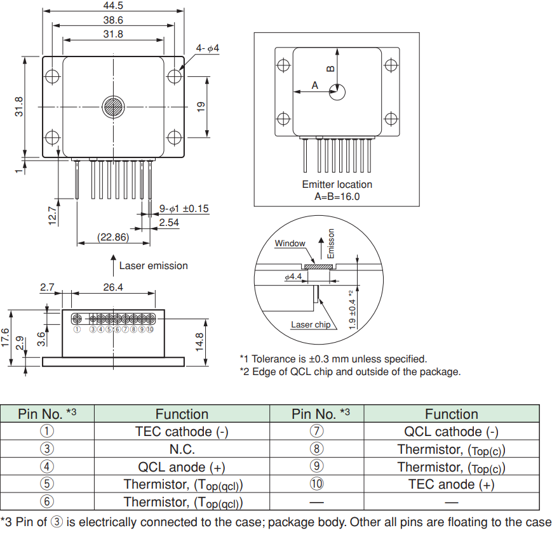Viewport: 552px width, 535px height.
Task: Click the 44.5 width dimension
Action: click(x=112, y=5)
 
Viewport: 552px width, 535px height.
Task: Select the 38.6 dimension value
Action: click(x=112, y=20)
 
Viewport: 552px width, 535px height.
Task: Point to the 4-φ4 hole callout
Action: click(x=207, y=48)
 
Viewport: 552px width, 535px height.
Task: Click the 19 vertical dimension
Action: click(x=201, y=107)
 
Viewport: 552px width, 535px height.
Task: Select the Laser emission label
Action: click(x=154, y=266)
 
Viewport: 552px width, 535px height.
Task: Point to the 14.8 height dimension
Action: click(x=199, y=341)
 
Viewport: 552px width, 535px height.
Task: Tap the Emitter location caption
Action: click(x=337, y=185)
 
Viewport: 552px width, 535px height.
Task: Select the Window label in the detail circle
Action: click(x=290, y=243)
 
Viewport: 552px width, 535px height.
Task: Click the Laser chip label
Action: click(x=311, y=325)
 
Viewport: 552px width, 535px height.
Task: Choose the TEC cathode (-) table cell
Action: click(x=182, y=432)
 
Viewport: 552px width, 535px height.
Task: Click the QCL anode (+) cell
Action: click(x=182, y=467)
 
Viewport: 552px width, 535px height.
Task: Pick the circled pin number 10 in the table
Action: click(x=316, y=484)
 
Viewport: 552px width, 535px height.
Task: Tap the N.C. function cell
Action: click(x=182, y=449)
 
